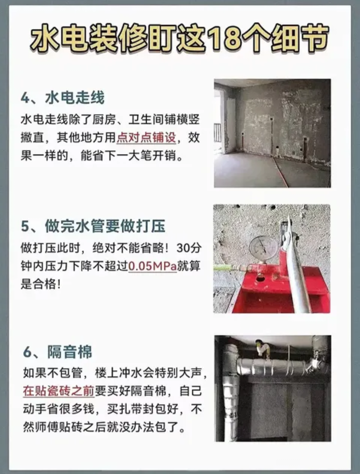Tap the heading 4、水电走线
click(x=63, y=98)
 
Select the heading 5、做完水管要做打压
click(x=93, y=226)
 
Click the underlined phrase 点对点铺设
click(x=146, y=137)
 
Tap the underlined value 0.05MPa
click(x=152, y=266)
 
